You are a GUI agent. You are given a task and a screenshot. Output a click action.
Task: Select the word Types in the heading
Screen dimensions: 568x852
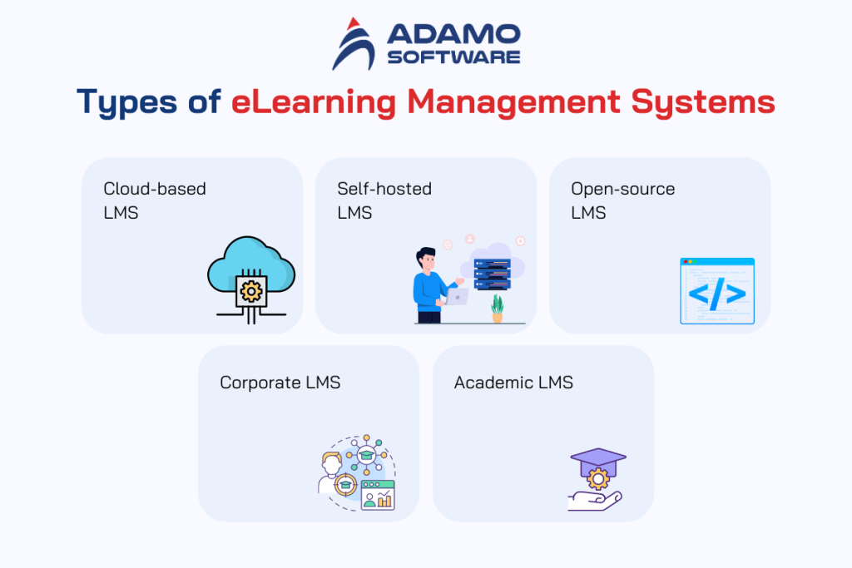coord(126,102)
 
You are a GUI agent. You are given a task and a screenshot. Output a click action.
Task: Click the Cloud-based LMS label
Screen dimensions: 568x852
coord(155,200)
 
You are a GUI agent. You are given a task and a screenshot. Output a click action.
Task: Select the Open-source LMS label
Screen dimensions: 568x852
coord(622,200)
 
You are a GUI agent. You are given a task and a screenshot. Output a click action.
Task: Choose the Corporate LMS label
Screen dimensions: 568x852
coord(280,383)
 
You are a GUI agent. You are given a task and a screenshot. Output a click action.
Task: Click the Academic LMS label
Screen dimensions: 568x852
coord(513,383)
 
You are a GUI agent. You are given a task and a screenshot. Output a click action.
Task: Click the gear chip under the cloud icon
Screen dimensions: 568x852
coord(250,290)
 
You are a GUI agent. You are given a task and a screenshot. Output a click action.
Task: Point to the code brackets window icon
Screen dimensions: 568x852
coord(716,290)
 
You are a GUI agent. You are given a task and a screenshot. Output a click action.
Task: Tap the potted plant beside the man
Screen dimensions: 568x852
coord(498,308)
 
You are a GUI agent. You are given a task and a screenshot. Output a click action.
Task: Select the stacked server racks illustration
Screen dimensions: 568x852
coord(492,274)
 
